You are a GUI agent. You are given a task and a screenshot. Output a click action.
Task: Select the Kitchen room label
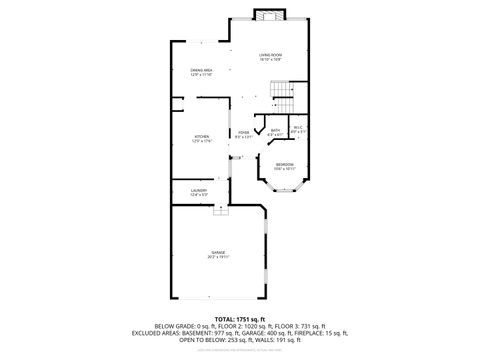click(203, 139)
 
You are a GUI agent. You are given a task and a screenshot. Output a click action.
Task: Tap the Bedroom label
click(285, 167)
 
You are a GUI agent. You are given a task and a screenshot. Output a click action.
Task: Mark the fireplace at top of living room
click(268, 14)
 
